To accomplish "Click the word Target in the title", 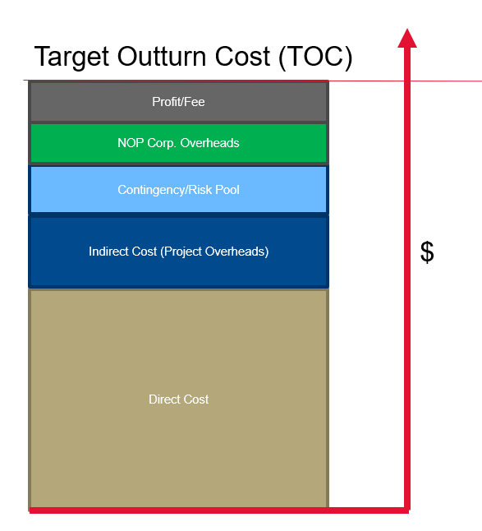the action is coord(71,57).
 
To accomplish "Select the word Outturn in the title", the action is coord(161,56).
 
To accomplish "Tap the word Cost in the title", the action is coord(242,56).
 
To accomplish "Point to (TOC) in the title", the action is coord(315,57).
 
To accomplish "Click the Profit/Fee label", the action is coord(178,102).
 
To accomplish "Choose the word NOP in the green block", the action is coord(131,143).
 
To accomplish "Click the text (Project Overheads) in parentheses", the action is coord(214,252).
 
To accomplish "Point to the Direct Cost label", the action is coord(178,399).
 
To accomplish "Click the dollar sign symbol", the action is coord(427,252).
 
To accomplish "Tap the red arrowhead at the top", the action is coord(407,38).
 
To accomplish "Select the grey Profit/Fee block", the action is coord(178,102).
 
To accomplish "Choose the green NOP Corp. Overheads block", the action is coord(178,143).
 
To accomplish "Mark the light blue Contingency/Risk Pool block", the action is coord(178,189).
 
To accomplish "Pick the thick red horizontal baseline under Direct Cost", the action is coord(219,510).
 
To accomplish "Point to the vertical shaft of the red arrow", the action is coord(407,278).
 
